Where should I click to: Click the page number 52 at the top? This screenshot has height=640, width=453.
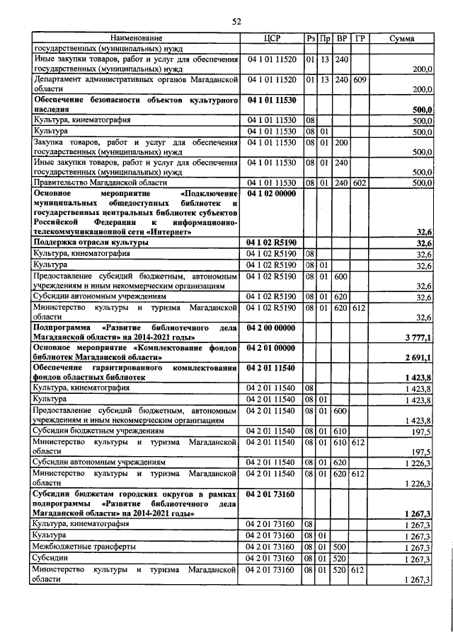[x=237, y=22]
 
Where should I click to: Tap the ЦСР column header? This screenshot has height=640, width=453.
[x=273, y=38]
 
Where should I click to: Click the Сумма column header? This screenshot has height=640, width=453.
[x=402, y=38]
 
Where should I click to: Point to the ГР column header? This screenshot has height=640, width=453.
[x=360, y=38]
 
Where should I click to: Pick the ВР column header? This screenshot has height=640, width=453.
[x=342, y=38]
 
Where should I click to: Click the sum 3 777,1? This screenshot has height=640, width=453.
[x=418, y=339]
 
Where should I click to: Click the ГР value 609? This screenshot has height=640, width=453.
[x=360, y=80]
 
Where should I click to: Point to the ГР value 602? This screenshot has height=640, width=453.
[x=360, y=182]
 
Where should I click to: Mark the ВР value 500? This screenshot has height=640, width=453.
[x=341, y=547]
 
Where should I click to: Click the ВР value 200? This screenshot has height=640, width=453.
[x=341, y=142]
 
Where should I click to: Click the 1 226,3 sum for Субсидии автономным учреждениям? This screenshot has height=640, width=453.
[x=418, y=462]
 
